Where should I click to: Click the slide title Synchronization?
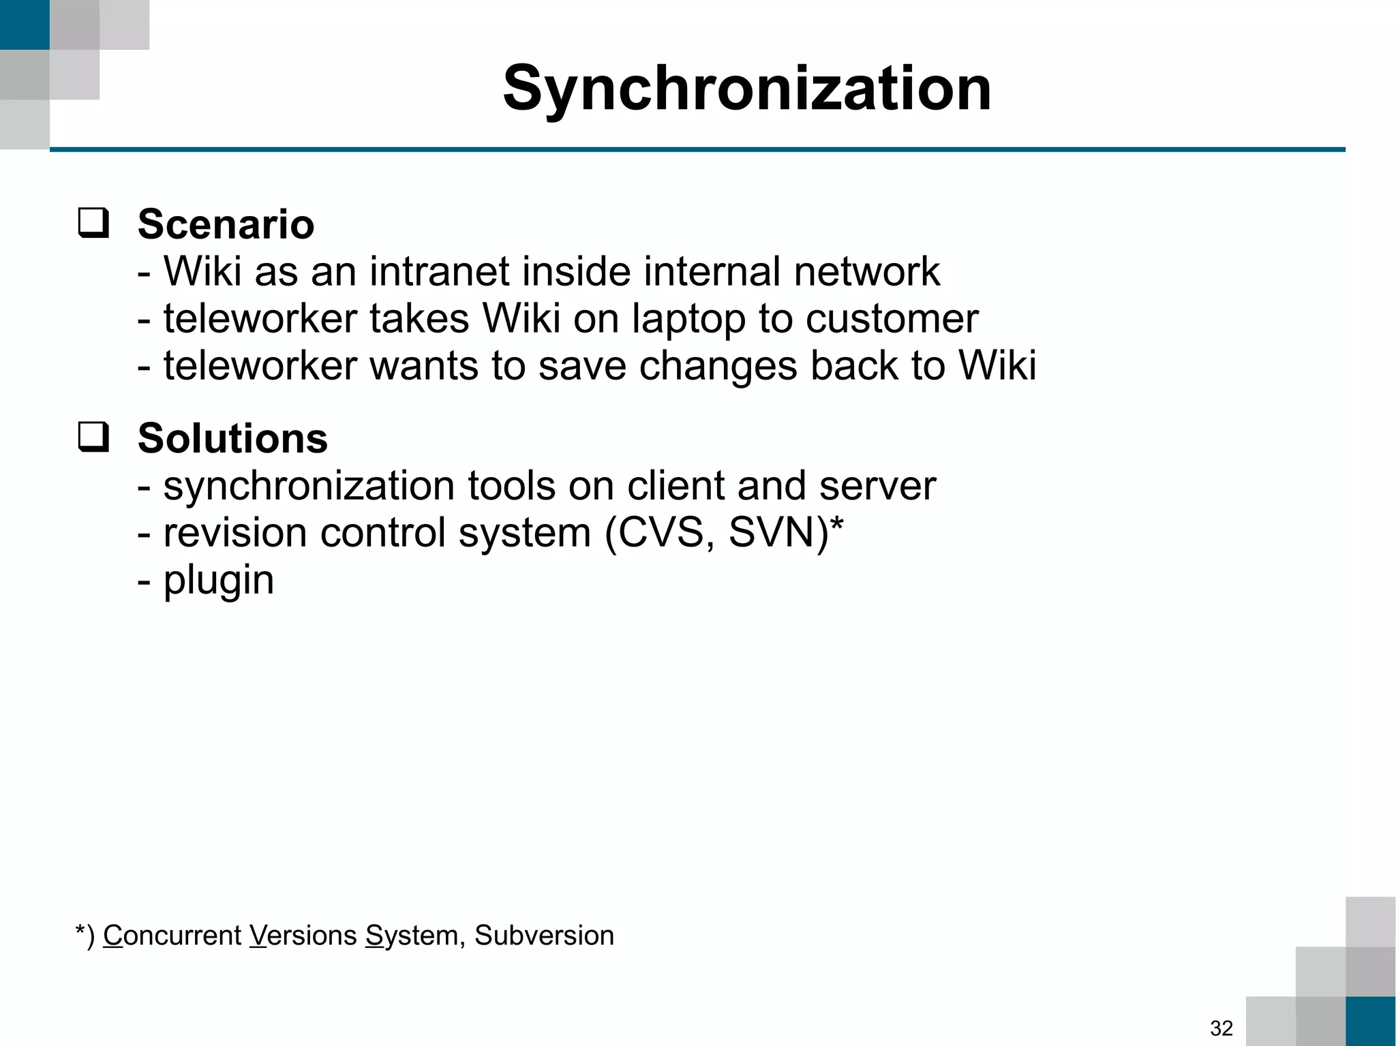pos(747,89)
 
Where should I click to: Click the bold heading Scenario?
pos(226,224)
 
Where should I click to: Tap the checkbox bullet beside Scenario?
pos(93,224)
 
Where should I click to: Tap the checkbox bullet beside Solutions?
pos(93,437)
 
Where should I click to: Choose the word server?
pos(877,486)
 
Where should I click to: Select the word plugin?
pos(218,581)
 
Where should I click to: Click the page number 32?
pos(1221,1028)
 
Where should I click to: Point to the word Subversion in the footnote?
pos(544,936)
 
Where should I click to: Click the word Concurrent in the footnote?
pos(172,936)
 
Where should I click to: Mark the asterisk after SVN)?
pos(837,525)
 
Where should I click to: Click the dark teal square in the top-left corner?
pos(25,25)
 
